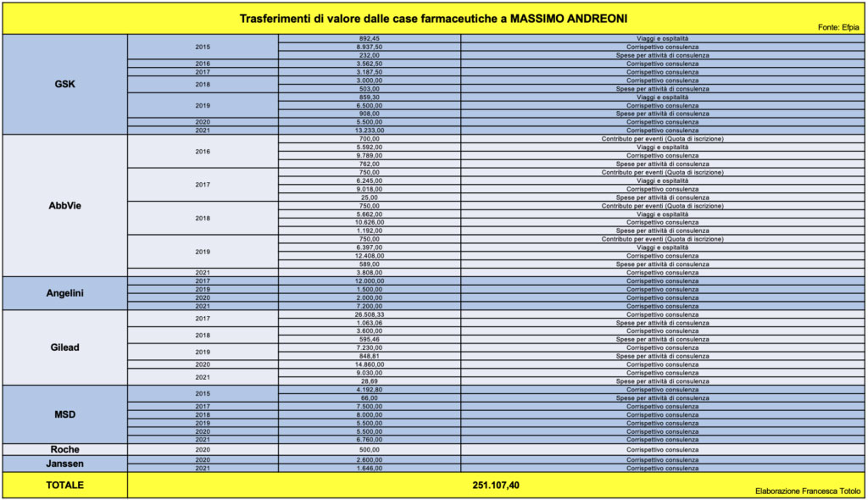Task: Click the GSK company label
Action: point(64,84)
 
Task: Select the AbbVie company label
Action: point(64,205)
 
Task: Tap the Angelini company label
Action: point(64,293)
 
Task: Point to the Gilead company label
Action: point(64,347)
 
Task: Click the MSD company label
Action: point(64,414)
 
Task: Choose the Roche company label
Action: point(64,449)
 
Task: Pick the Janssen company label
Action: point(64,464)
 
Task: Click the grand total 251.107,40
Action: point(496,486)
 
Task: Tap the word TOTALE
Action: point(64,486)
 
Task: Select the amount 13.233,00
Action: point(370,131)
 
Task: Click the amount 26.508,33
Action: point(370,314)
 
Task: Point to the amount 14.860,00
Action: point(370,364)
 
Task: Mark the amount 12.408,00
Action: point(370,256)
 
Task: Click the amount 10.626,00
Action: point(370,223)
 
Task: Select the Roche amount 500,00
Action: point(370,450)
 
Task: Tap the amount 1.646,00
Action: point(370,468)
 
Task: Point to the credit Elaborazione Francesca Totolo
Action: point(808,492)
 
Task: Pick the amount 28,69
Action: point(370,381)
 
